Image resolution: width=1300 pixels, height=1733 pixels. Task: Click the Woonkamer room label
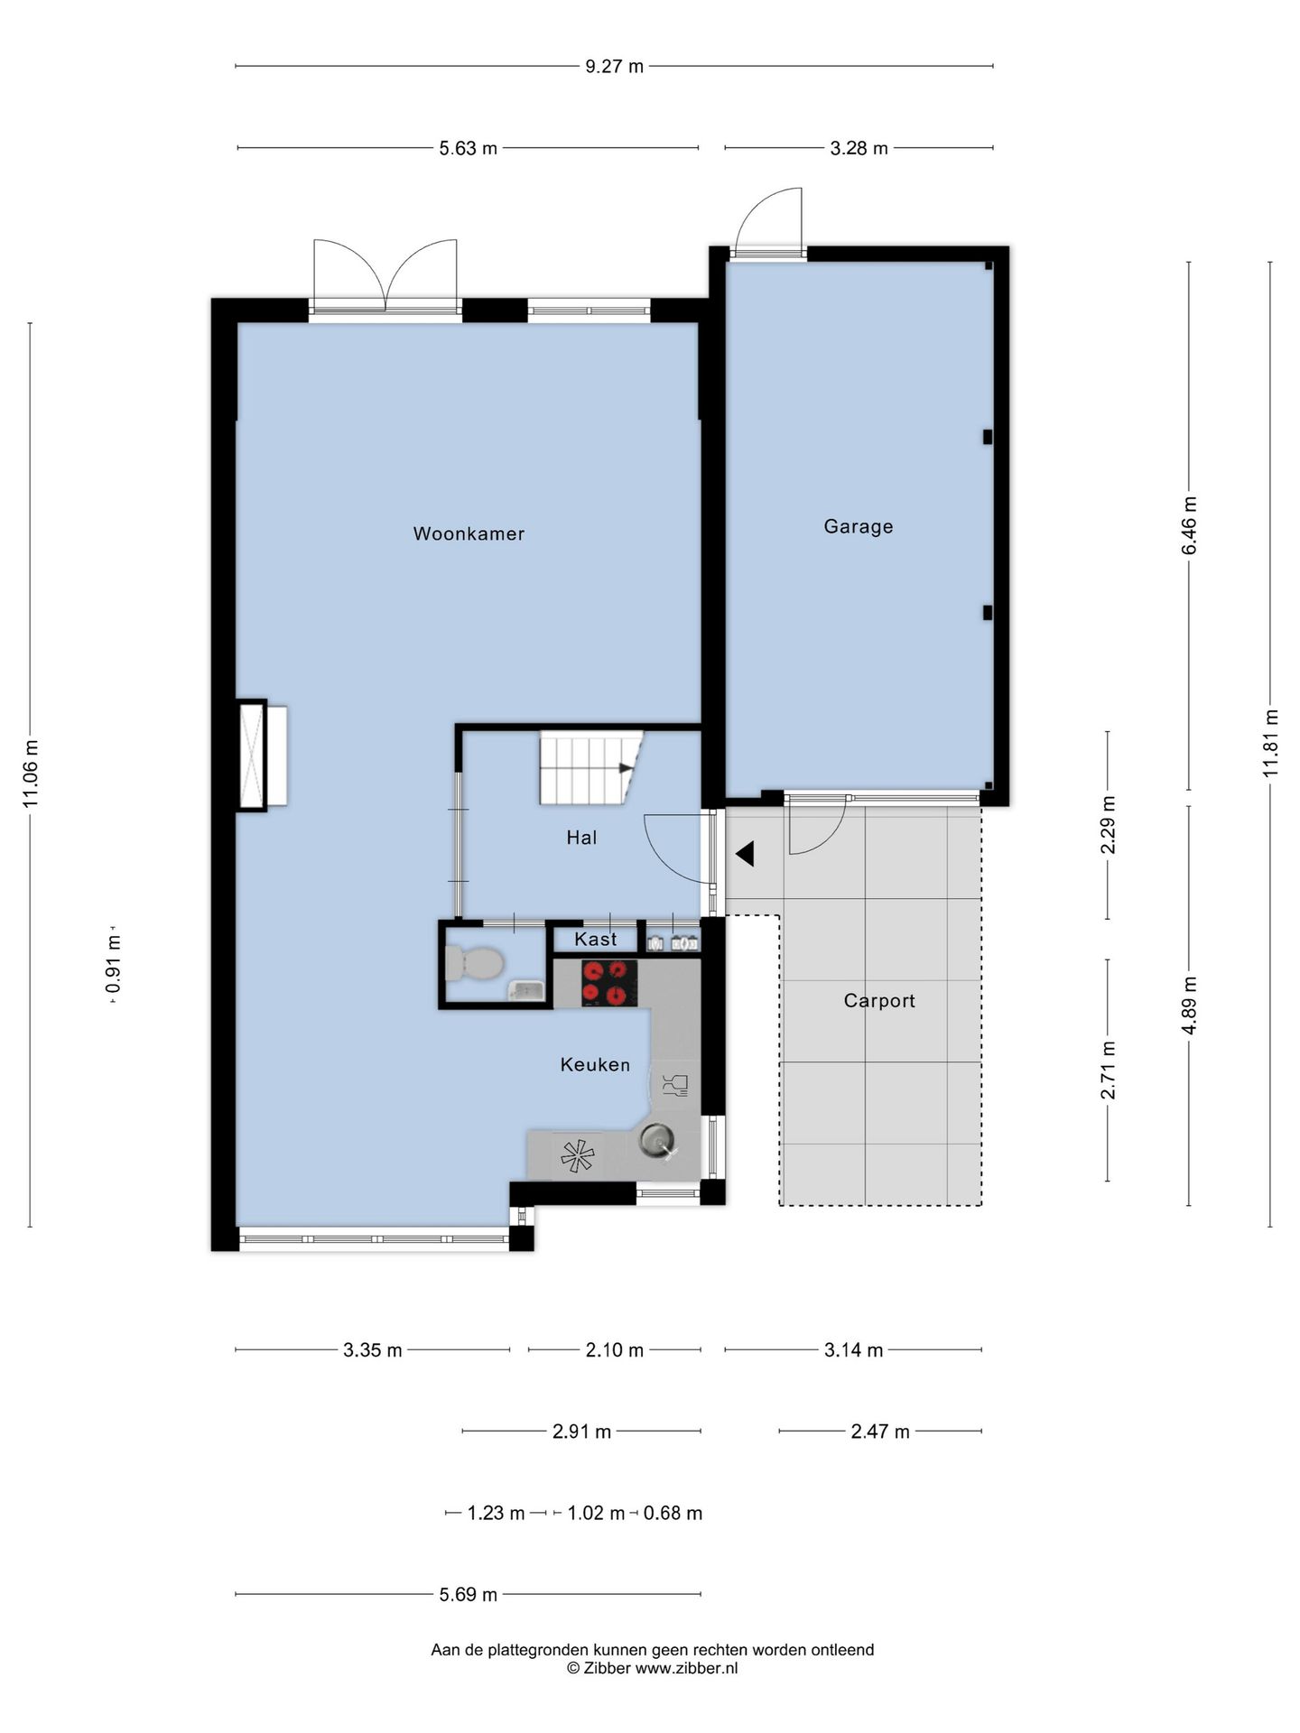coord(469,533)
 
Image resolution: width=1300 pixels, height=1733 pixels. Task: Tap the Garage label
coord(859,526)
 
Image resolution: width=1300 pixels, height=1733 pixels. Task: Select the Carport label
coord(879,1001)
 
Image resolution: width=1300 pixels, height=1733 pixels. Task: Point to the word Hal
coord(581,838)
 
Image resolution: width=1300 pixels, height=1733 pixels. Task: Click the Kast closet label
coord(596,940)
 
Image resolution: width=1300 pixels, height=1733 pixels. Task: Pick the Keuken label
coord(595,1065)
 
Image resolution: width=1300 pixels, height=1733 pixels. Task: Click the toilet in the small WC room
coord(474,963)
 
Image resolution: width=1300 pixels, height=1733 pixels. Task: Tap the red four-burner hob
coord(605,983)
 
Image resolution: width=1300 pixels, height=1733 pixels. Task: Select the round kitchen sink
coord(657,1141)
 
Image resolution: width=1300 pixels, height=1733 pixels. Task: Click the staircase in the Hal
coord(591,767)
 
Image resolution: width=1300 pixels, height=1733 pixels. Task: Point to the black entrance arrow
coord(745,854)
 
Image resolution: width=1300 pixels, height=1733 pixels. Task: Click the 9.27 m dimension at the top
coord(614,66)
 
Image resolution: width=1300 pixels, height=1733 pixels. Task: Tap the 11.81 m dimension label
coord(1271,743)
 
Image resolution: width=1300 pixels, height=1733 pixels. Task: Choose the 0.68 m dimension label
coord(673,1513)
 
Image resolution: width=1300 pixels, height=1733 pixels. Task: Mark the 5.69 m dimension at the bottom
coord(468,1595)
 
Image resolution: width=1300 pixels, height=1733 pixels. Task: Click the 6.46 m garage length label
coord(1189,526)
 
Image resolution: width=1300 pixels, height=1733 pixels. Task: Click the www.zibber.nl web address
coord(686,1669)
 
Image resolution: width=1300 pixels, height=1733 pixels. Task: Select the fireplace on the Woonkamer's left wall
coord(262,755)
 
